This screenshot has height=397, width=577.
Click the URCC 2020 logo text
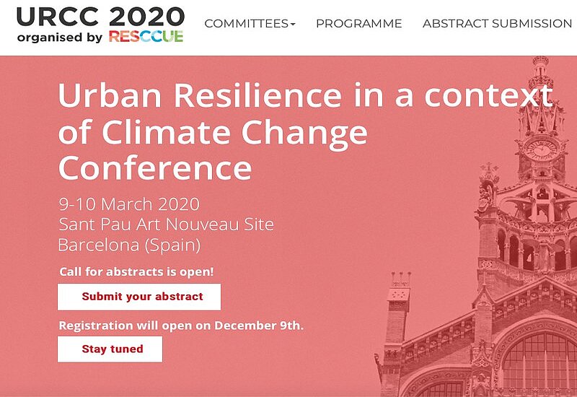pos(100,17)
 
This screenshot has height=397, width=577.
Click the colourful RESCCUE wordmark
pos(146,37)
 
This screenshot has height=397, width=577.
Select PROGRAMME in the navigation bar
pos(358,24)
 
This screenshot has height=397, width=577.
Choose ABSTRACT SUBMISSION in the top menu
pos(497,24)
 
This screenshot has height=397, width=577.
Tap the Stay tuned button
pos(110,349)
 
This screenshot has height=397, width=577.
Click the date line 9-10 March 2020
pos(129,204)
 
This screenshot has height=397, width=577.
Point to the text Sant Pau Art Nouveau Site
pos(167,224)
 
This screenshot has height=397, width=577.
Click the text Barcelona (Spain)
pos(130,245)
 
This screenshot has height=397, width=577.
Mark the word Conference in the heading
pos(155,168)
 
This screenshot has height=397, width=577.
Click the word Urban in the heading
pos(110,95)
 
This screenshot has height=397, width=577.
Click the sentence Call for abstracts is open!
pos(136,272)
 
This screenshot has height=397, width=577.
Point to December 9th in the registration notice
pos(257,326)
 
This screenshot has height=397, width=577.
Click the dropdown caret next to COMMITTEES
pos(293,25)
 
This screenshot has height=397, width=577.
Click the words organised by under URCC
pos(60,38)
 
